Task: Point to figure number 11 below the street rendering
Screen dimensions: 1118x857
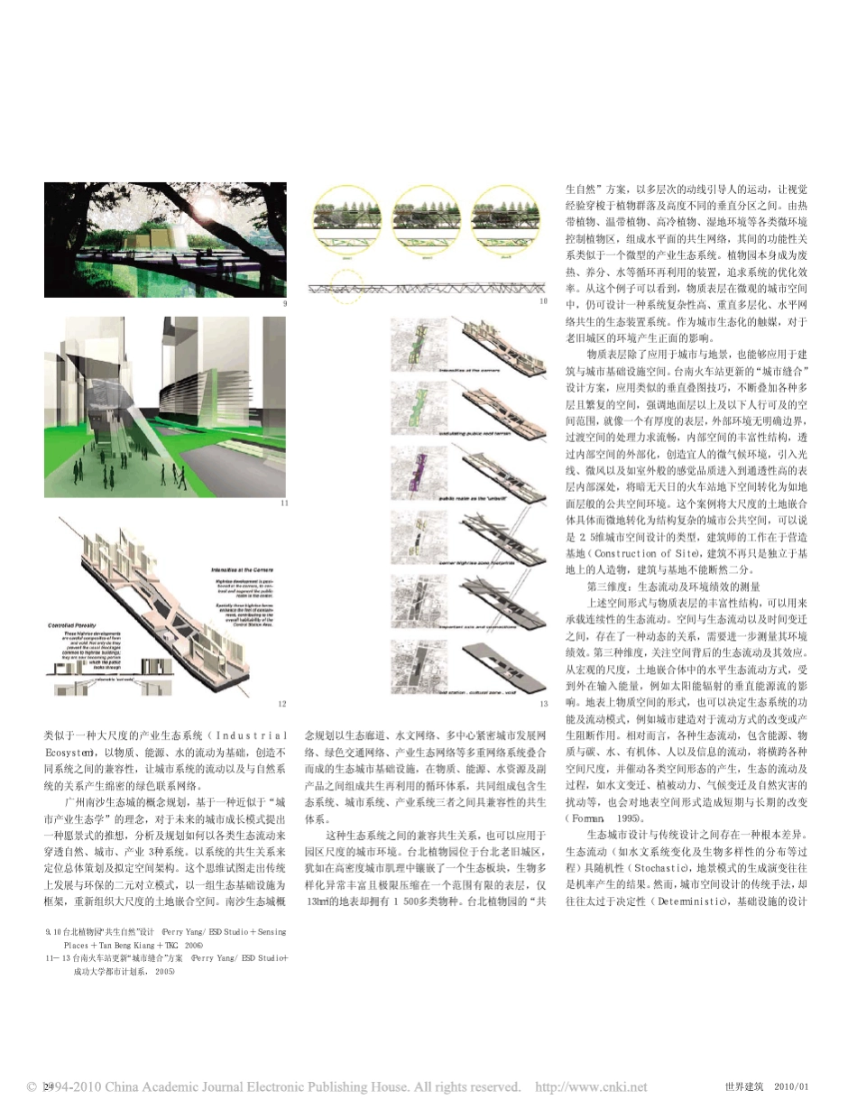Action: tap(284, 503)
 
